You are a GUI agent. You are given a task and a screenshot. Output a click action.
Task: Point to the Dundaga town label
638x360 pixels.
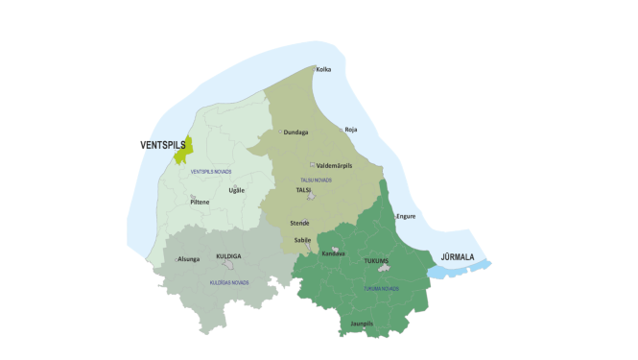[295, 132]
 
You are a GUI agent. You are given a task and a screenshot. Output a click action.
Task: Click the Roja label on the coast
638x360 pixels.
[350, 129]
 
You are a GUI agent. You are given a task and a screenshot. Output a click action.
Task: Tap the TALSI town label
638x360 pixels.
[304, 190]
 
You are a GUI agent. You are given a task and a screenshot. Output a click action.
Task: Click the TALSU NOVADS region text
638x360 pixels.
[316, 180]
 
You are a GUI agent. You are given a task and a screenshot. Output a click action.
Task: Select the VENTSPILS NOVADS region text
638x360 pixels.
[211, 171]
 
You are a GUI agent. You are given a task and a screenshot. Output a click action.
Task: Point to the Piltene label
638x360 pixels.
[200, 203]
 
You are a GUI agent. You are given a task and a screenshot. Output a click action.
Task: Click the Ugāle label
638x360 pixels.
[237, 189]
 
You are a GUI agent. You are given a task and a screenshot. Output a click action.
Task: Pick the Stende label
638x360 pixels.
[299, 223]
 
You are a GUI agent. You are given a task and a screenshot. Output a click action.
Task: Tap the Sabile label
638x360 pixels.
[301, 241]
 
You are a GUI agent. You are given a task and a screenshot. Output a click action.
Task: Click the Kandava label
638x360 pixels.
[333, 253]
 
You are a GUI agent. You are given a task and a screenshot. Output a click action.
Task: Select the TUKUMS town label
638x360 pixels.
[376, 260]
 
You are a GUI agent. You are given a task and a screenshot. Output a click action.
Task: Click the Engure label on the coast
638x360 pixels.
[406, 216]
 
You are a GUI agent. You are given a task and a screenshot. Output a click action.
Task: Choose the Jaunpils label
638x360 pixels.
[362, 324]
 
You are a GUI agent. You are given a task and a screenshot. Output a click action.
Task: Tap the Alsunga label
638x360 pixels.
[188, 259]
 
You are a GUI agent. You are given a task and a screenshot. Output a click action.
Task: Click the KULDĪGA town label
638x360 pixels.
[228, 256]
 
